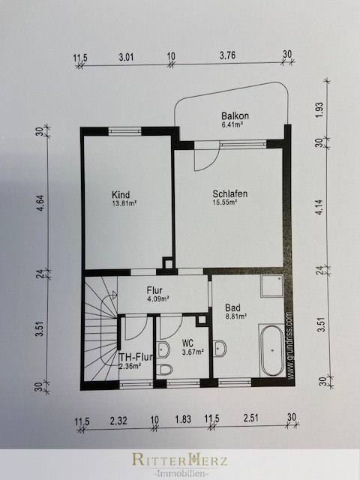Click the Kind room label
coord(121,195)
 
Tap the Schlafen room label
coord(230,193)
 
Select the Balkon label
coord(235,116)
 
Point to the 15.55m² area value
coord(225,202)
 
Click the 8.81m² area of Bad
coord(236,316)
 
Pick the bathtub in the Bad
coord(273,350)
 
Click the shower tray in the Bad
coord(271,286)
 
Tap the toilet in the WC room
coord(164,370)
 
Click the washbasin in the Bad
coord(220,348)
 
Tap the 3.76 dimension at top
coord(227,55)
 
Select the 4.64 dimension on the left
coord(40,203)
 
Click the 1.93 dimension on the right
coord(319,109)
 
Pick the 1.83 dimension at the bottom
coord(183,419)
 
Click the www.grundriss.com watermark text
coord(290,346)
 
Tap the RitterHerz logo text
coord(180,460)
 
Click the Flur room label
coord(154,290)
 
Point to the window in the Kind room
coord(124,131)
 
